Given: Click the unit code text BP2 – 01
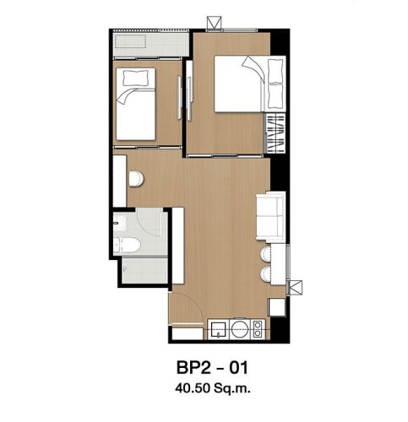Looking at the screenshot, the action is (x=212, y=367).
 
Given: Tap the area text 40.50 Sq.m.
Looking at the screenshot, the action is (x=213, y=388).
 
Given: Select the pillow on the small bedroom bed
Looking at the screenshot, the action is (x=136, y=78).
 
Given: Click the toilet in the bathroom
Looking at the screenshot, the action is (x=127, y=246).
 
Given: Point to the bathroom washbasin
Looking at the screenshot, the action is (x=119, y=222).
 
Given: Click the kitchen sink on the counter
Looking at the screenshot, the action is (x=218, y=330).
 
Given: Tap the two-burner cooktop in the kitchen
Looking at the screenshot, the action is (x=257, y=329).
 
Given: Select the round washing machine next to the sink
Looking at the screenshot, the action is (x=240, y=329).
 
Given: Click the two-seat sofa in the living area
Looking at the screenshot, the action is (x=270, y=216).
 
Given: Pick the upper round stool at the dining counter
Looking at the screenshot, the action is (x=265, y=254).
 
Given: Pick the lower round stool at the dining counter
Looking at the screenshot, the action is (x=265, y=274).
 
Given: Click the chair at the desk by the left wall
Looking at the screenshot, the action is (x=137, y=179).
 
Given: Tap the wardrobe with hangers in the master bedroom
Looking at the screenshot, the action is (x=275, y=133).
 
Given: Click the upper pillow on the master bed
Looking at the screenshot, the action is (x=275, y=71).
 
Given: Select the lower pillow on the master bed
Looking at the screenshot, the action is (x=275, y=96).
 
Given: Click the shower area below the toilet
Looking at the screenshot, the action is (x=144, y=270).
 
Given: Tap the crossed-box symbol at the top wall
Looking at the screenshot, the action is (x=215, y=23).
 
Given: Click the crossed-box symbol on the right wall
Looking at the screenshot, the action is (x=295, y=288).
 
